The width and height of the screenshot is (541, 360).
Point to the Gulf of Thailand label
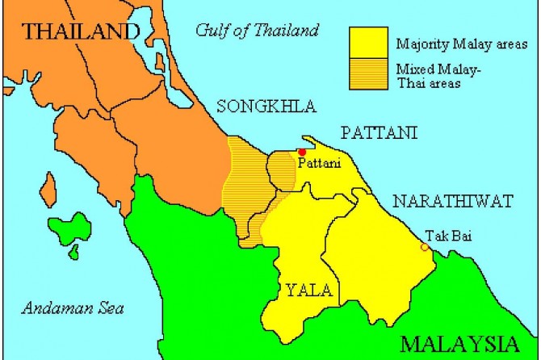[258, 31]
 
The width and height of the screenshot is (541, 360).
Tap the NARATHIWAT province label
[453, 200]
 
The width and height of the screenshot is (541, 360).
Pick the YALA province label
[305, 290]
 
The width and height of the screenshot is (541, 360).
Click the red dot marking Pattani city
[302, 152]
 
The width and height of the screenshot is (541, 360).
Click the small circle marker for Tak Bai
[425, 247]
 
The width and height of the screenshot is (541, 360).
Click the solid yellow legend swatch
[368, 43]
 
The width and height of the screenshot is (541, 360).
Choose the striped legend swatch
[368, 75]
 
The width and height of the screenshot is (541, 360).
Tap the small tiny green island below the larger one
[73, 253]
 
